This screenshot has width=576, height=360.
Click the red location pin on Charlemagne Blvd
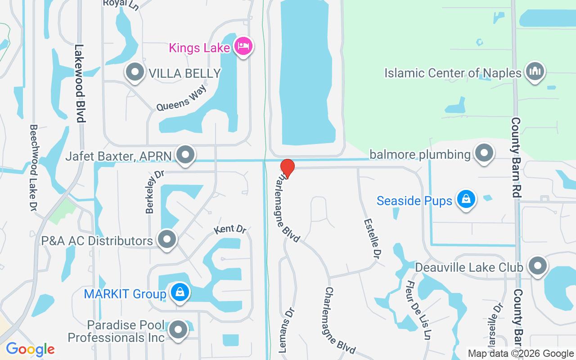pyautogui.click(x=287, y=168)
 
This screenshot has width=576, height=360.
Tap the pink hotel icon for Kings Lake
pyautogui.click(x=243, y=46)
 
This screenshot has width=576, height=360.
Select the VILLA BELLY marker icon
pyautogui.click(x=135, y=72)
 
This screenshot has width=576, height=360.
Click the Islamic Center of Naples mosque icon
pyautogui.click(x=535, y=72)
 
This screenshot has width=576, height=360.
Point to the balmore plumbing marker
pyautogui.click(x=484, y=153)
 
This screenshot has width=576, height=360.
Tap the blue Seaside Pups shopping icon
pyautogui.click(x=466, y=199)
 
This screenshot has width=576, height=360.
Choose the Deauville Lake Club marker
pyautogui.click(x=538, y=266)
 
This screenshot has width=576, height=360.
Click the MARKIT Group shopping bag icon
pyautogui.click(x=180, y=293)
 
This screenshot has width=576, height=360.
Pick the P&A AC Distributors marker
pyautogui.click(x=167, y=239)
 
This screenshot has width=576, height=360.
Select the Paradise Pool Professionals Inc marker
pyautogui.click(x=178, y=330)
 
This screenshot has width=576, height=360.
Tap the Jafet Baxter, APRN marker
pyautogui.click(x=185, y=155)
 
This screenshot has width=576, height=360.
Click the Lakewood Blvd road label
pyautogui.click(x=80, y=83)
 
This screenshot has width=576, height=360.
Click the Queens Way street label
pyautogui.click(x=181, y=98)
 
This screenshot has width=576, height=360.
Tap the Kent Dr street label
pyautogui.click(x=230, y=229)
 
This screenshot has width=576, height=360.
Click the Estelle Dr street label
pyautogui.click(x=373, y=238)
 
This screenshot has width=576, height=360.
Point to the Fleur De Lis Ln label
pyautogui.click(x=418, y=310)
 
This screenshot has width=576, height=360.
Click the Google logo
pyautogui.click(x=30, y=349)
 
